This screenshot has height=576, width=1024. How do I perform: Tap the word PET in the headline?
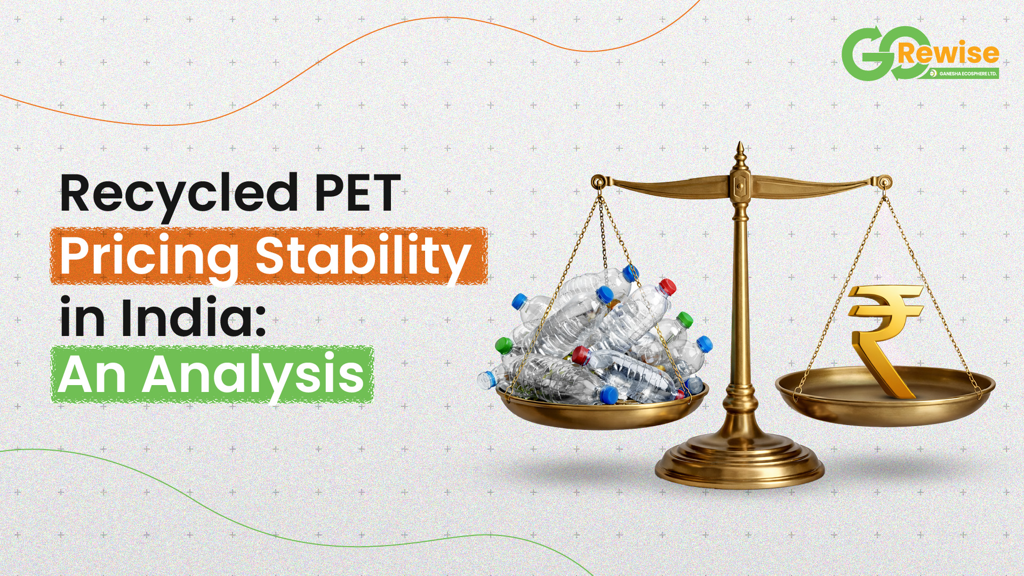tap(358, 192)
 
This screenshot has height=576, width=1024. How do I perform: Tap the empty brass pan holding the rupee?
tap(885, 395)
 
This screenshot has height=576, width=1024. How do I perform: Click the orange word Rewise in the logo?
tap(948, 53)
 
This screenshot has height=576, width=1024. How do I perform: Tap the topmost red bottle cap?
tap(667, 286)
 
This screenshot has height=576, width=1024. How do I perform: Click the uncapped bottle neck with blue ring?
tap(486, 379)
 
